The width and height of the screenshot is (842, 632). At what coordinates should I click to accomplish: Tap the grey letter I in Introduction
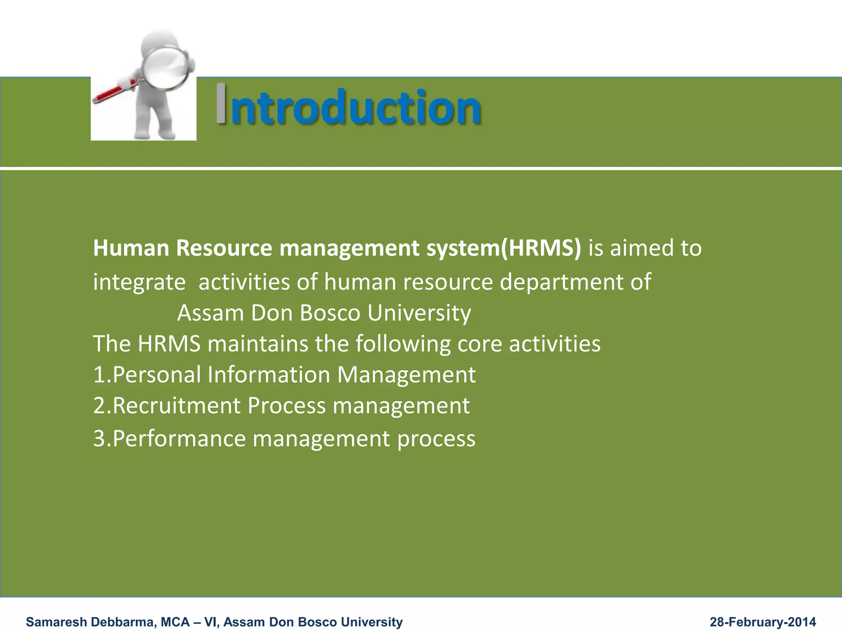click(221, 104)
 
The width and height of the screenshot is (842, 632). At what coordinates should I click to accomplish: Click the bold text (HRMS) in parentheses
click(541, 248)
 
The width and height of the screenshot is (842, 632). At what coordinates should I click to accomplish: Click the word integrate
click(139, 282)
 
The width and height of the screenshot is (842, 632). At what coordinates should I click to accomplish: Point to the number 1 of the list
click(99, 375)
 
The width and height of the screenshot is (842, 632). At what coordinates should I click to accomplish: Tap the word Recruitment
click(176, 406)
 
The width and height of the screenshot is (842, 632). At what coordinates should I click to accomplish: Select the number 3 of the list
click(99, 439)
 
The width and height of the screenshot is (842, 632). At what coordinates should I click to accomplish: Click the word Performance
click(178, 439)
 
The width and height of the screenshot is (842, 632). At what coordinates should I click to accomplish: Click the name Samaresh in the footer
click(56, 622)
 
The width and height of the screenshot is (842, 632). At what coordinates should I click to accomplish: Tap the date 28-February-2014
click(763, 622)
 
